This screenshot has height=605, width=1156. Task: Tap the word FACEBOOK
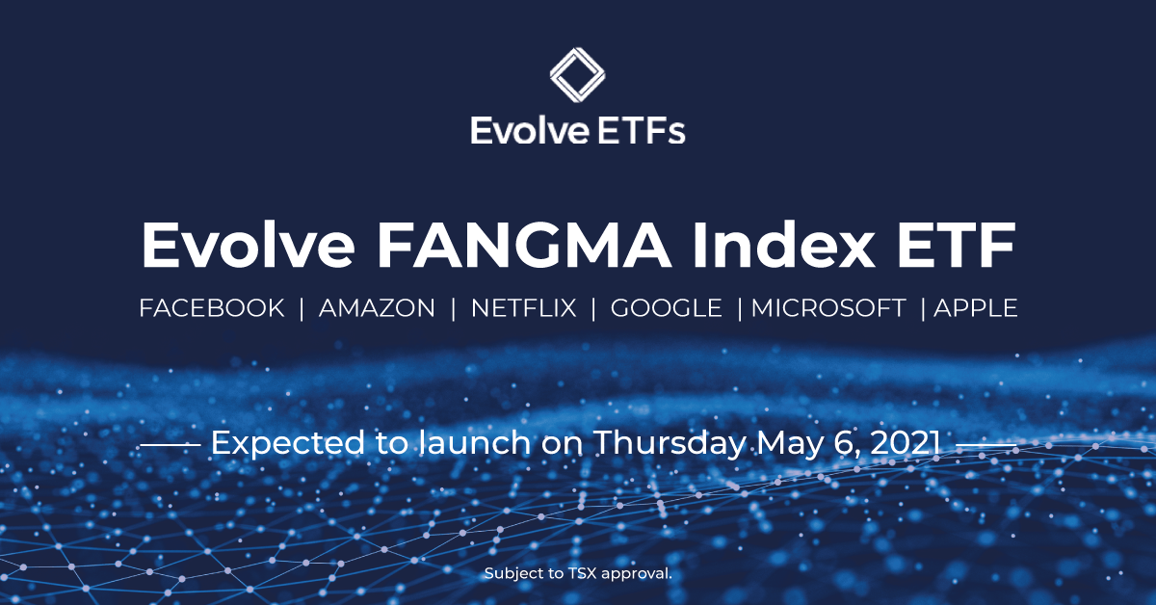[212, 308]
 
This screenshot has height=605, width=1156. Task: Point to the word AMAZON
[377, 308]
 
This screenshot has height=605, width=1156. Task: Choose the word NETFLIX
[523, 308]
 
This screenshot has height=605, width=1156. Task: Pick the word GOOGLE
[667, 308]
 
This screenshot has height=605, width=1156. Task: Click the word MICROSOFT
[828, 308]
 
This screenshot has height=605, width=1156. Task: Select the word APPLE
[976, 308]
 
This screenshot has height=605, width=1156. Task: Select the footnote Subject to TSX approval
[577, 573]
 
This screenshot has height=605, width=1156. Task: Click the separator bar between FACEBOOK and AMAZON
[302, 308]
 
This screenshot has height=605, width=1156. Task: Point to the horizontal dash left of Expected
[171, 445]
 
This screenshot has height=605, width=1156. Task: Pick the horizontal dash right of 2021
[985, 445]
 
